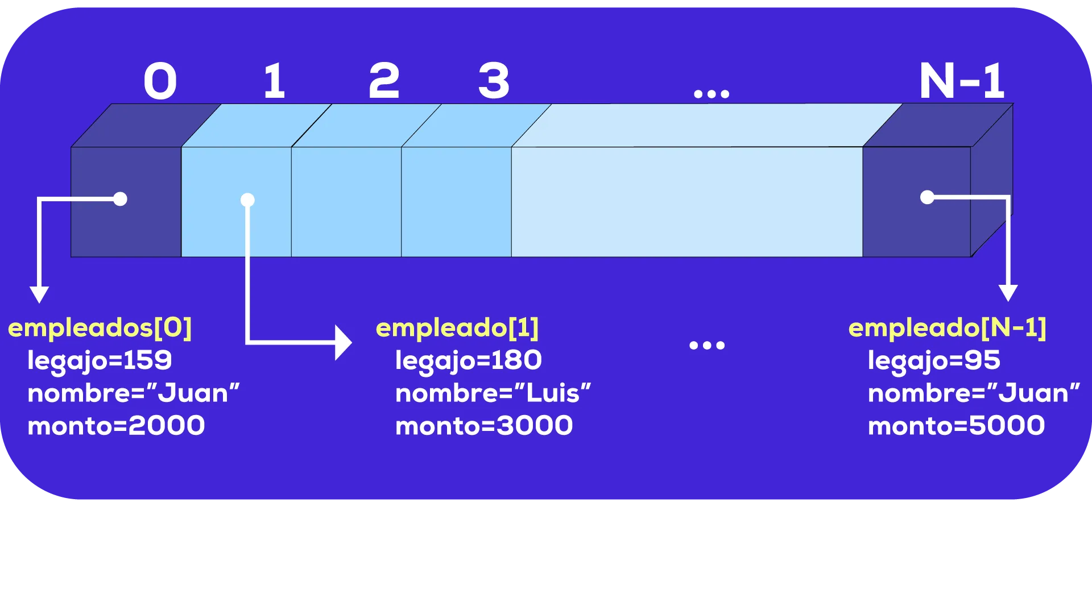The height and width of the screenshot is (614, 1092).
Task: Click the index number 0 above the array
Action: (x=160, y=81)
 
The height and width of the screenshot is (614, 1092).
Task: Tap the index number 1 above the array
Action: (x=275, y=81)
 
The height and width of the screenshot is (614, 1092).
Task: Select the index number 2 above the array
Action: (x=384, y=81)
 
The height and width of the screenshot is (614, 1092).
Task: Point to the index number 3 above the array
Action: (x=494, y=81)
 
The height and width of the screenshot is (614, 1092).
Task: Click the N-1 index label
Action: (x=962, y=81)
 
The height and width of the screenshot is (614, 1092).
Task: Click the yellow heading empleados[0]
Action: (x=100, y=327)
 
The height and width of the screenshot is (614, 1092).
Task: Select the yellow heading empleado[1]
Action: (x=457, y=327)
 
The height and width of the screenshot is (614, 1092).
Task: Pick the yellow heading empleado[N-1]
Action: (x=947, y=327)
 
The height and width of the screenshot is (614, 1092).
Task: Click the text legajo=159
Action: (x=100, y=360)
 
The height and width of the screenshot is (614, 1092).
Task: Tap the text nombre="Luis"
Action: (x=493, y=393)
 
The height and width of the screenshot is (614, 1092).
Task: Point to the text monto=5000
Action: (x=956, y=426)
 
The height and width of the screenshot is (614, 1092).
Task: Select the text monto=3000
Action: (x=484, y=426)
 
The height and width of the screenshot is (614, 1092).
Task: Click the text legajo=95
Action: (x=934, y=360)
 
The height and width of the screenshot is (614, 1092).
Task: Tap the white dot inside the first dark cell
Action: (x=120, y=199)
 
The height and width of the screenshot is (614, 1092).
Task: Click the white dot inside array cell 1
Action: (x=247, y=200)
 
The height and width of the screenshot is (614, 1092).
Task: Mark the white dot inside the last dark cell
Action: (x=927, y=197)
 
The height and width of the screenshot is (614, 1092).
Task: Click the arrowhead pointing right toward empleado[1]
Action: (x=343, y=343)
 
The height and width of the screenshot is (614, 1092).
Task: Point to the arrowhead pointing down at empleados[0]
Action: (x=39, y=294)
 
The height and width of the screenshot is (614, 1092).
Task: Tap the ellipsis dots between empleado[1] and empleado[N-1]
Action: (x=707, y=345)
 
